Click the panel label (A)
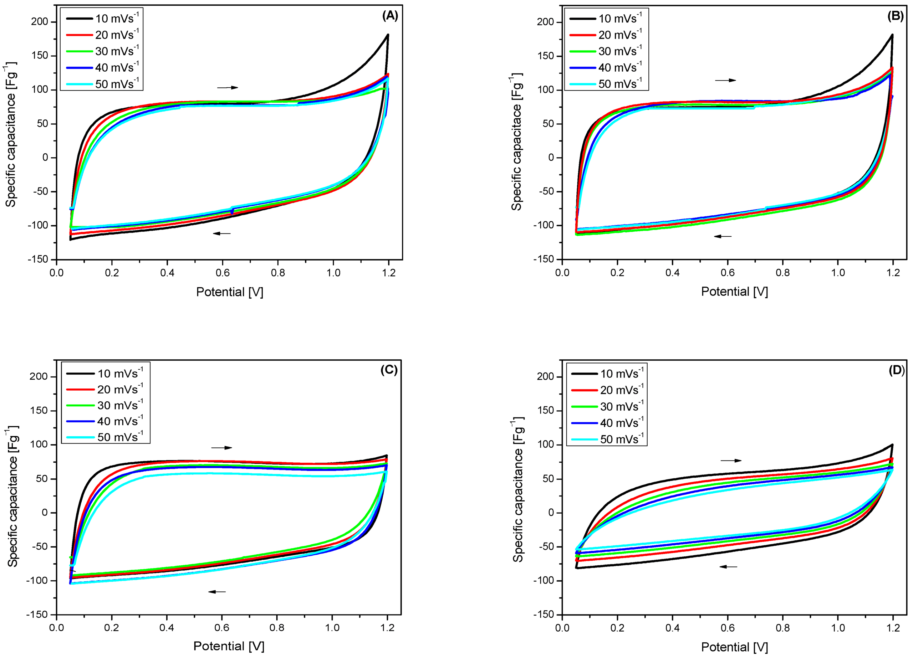tap(390, 16)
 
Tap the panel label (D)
tap(896, 370)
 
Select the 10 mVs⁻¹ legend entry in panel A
tap(103, 19)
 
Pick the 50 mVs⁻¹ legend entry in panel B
tap(606, 84)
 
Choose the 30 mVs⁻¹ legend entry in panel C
tap(106, 405)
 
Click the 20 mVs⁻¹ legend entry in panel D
tap(607, 390)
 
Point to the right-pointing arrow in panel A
tap(228, 87)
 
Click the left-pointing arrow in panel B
tap(723, 236)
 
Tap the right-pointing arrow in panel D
tap(731, 461)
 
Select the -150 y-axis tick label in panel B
tap(544, 259)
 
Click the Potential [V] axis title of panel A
tap(229, 292)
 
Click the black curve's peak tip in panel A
tap(388, 35)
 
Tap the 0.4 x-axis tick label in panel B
tap(672, 273)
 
